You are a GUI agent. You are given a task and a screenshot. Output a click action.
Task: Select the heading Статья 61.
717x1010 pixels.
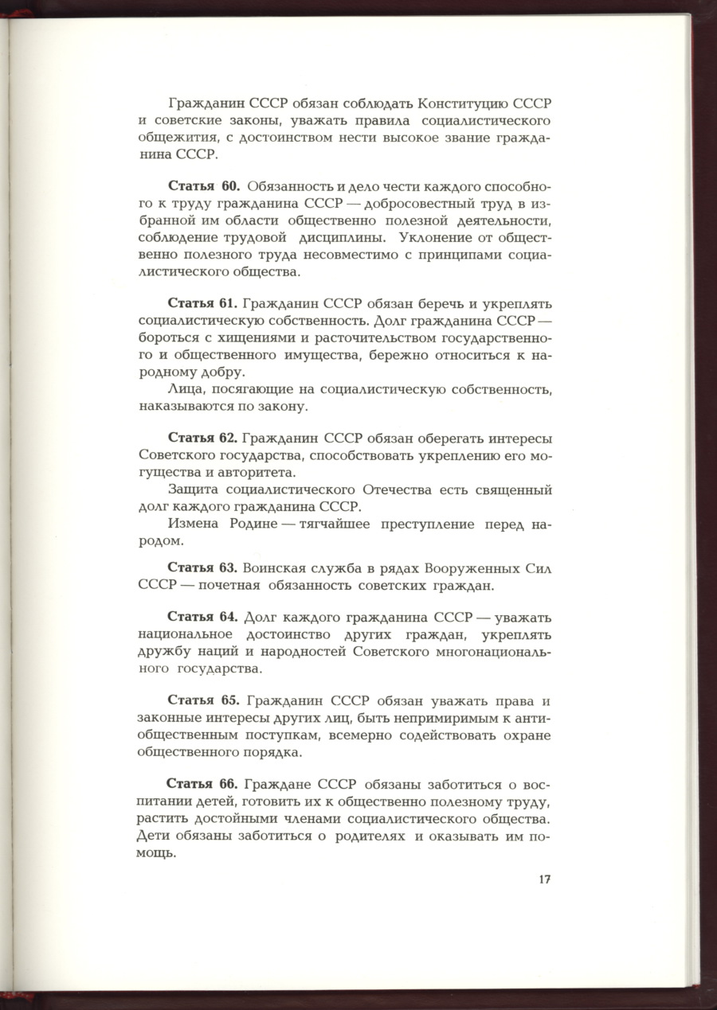point(202,304)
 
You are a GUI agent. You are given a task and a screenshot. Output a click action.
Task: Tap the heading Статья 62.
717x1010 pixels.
point(202,438)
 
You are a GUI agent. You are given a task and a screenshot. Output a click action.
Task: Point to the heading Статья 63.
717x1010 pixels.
point(202,567)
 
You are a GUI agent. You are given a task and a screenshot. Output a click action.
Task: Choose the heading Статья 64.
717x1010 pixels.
point(202,617)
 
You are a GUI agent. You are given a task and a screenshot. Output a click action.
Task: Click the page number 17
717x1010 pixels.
point(544,879)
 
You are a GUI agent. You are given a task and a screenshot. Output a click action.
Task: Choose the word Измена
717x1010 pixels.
point(191,524)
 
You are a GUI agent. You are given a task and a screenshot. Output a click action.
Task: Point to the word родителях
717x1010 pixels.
point(366,836)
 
